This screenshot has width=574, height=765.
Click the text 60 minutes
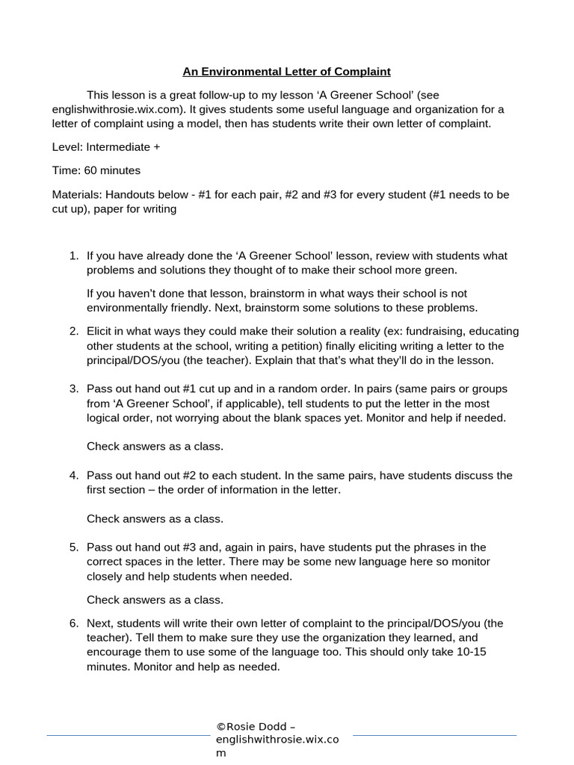click(x=109, y=170)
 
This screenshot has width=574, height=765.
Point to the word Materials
click(x=75, y=194)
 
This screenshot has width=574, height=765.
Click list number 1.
click(x=74, y=256)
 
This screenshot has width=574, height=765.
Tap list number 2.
click(x=74, y=331)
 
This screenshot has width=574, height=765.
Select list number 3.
click(x=74, y=388)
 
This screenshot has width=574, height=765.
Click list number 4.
click(x=74, y=475)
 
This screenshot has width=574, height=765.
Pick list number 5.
click(x=74, y=547)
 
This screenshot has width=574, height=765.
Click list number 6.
click(x=74, y=623)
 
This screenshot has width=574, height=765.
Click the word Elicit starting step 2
click(x=101, y=331)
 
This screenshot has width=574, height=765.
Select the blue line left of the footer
click(x=128, y=735)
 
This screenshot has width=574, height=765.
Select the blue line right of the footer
click(x=434, y=735)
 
